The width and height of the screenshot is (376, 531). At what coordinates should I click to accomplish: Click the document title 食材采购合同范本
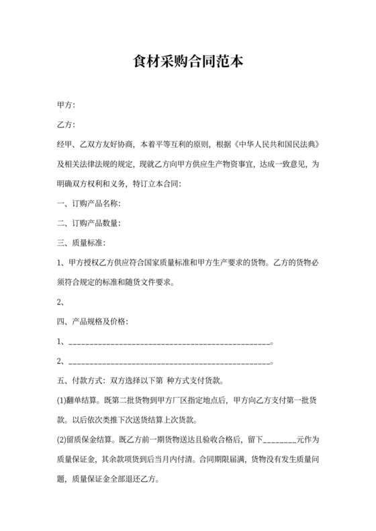pyautogui.click(x=188, y=62)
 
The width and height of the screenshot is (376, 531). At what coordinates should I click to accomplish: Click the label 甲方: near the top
pyautogui.click(x=66, y=105)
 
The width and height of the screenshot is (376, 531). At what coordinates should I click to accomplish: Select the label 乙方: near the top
pyautogui.click(x=66, y=125)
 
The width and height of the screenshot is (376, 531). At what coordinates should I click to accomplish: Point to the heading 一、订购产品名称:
pyautogui.click(x=89, y=202)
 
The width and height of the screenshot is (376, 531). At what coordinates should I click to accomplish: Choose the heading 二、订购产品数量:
pyautogui.click(x=89, y=223)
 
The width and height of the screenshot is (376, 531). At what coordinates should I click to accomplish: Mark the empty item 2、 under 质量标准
pyautogui.click(x=63, y=301)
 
